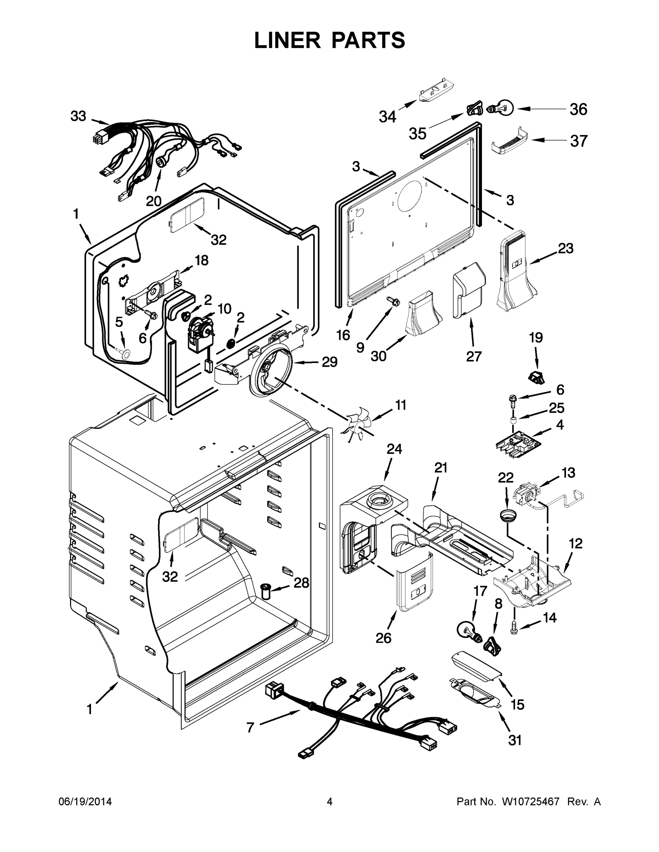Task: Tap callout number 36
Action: coord(578,110)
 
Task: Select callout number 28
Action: coord(301,594)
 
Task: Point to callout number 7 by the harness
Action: coord(250,727)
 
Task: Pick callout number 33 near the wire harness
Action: coord(78,116)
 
